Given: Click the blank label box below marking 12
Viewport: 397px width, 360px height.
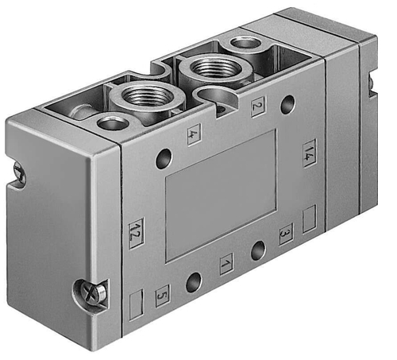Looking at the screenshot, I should (136, 304).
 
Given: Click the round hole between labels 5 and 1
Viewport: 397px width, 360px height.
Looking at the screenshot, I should (193, 281).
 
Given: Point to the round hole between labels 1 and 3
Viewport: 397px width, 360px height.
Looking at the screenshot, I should (257, 251).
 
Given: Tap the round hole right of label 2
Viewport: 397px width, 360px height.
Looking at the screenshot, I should (287, 102).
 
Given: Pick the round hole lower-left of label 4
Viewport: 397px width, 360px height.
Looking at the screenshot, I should (164, 159).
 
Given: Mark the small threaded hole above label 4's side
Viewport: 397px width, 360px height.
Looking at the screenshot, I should (112, 122).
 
